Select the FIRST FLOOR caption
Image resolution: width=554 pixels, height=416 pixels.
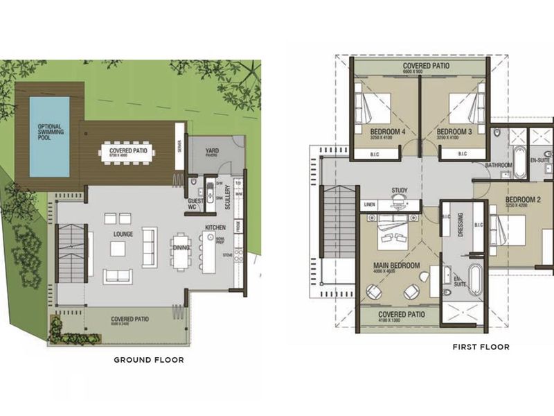481,347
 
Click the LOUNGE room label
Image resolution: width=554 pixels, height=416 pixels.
123,234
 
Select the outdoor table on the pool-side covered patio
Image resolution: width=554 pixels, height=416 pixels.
127,152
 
